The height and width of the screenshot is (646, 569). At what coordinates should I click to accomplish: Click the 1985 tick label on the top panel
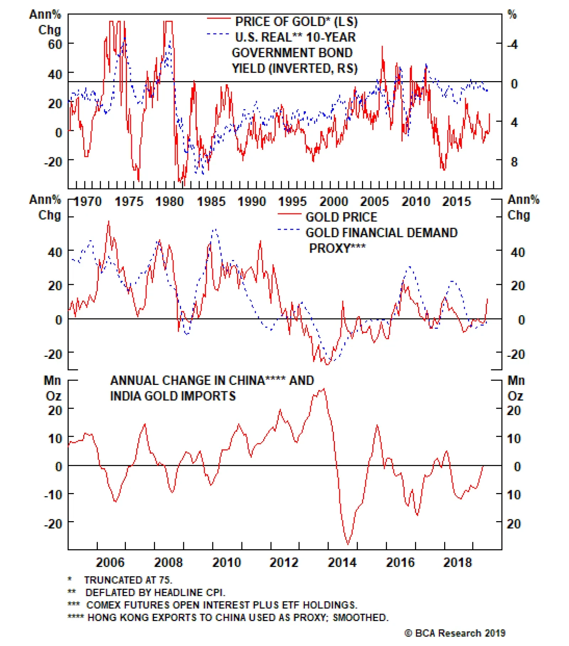coord(211,202)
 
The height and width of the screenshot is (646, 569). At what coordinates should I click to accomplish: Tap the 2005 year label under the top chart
coord(374,202)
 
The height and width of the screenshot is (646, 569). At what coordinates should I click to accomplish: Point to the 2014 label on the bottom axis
coord(342,562)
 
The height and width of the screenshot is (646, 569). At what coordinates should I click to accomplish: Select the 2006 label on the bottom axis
coord(110,562)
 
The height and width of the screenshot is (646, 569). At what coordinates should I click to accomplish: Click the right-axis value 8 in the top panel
coord(514,162)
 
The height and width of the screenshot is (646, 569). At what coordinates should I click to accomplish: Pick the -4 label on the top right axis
coord(513,45)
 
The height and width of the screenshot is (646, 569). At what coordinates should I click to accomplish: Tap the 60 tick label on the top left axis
coord(55,44)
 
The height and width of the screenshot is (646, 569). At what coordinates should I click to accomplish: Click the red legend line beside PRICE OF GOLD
coord(219,18)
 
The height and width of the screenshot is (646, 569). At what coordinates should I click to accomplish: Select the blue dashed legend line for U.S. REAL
coord(218,34)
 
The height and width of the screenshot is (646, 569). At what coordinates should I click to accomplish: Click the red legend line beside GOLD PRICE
coord(289,214)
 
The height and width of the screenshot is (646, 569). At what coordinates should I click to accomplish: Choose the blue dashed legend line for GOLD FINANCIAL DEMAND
coord(288,230)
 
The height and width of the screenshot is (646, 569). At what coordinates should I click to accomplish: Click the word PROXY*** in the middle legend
coord(337,248)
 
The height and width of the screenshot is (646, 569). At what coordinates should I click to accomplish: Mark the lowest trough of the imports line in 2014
coord(347,544)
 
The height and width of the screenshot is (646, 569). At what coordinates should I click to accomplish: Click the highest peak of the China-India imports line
coord(324,389)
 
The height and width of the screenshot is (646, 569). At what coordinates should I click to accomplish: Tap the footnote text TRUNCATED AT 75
coord(128,580)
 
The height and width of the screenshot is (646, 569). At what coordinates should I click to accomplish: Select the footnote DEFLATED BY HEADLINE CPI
coord(155,593)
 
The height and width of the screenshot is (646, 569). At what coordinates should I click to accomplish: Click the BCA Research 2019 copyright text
coord(455,633)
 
